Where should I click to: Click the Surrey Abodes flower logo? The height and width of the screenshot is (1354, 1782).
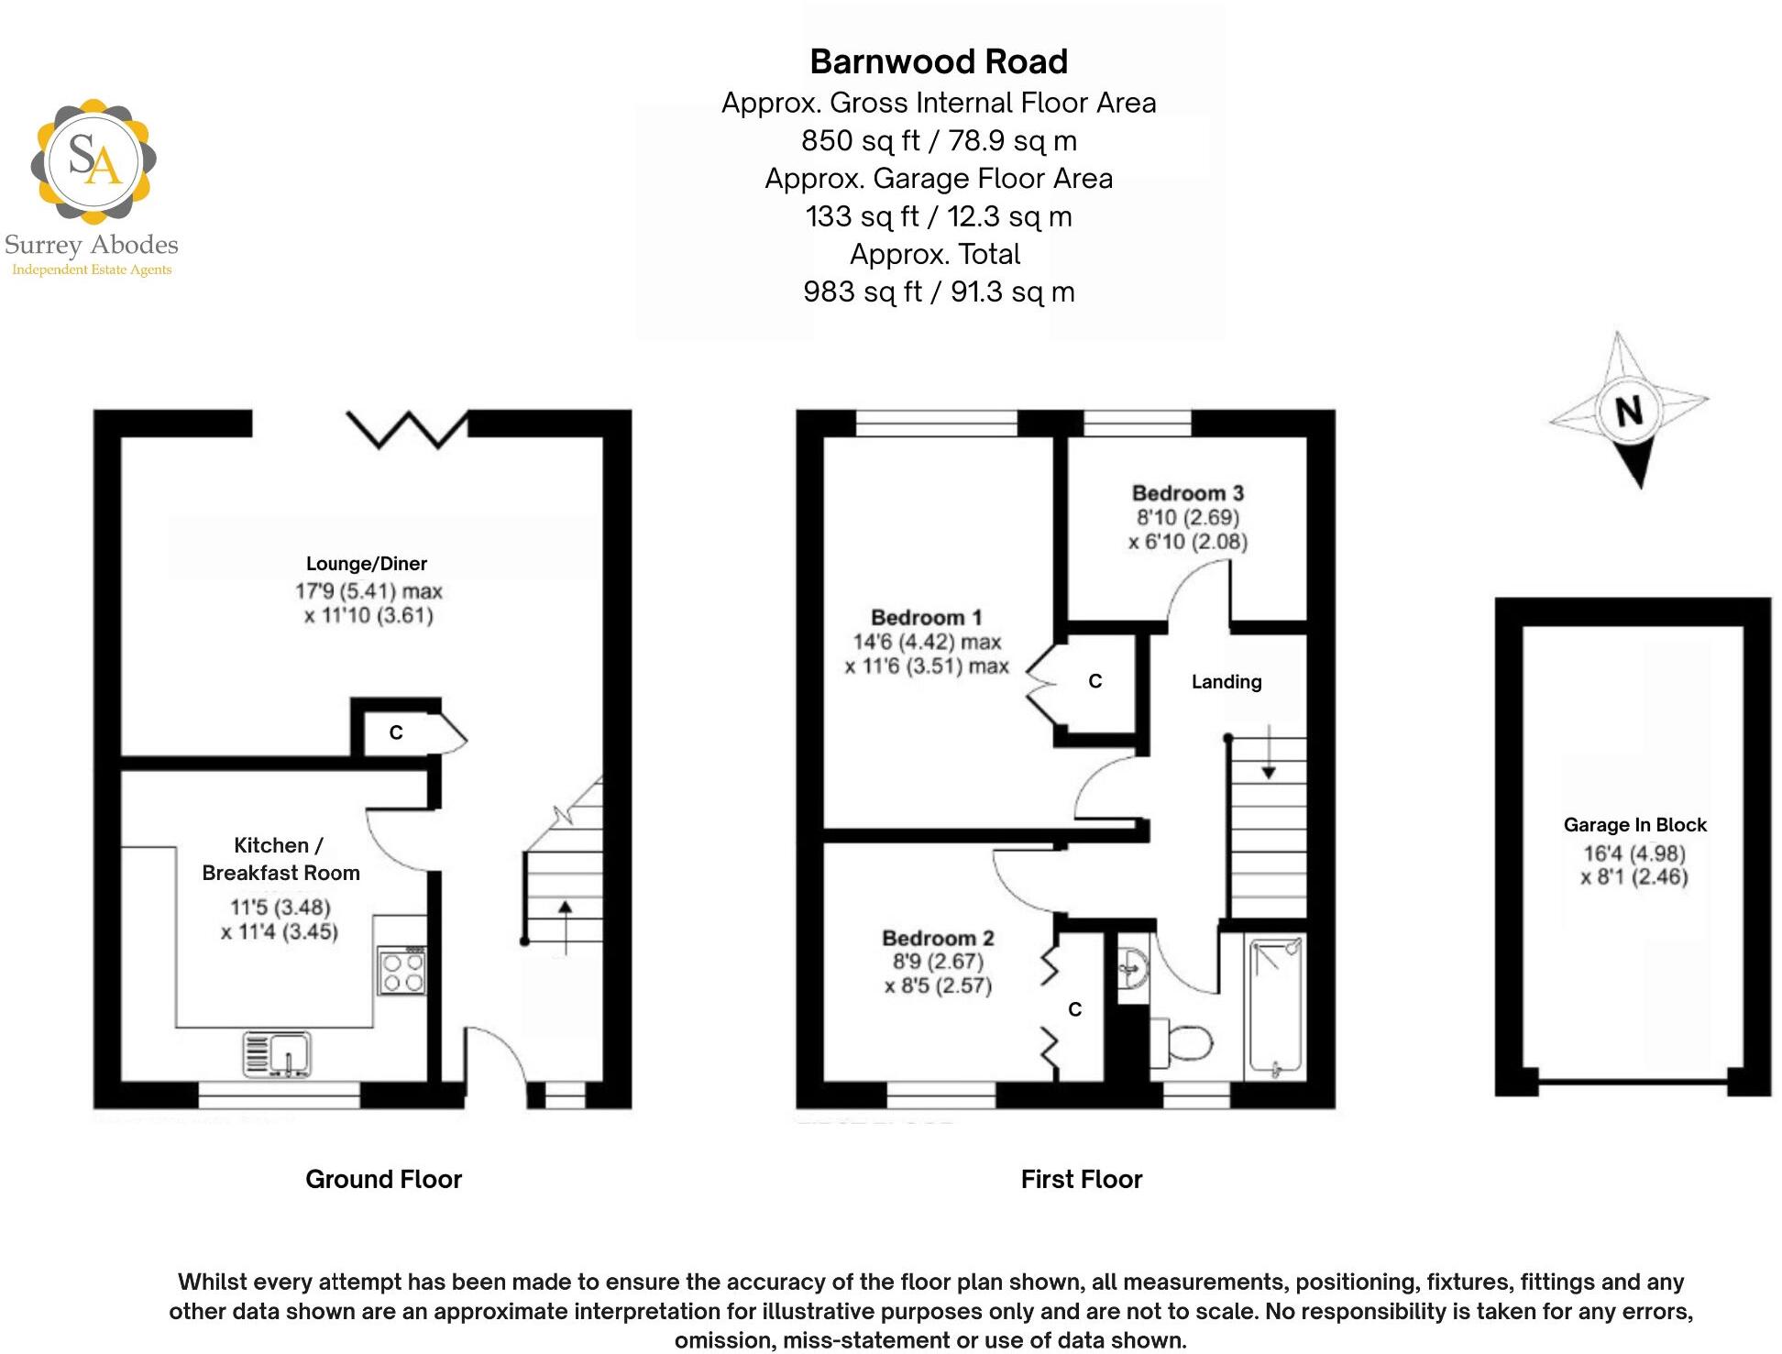coord(93,161)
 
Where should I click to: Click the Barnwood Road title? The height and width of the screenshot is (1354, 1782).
coord(939,61)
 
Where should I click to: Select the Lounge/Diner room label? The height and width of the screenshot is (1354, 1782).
coord(367,564)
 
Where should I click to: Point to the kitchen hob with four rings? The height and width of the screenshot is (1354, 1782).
coord(402,972)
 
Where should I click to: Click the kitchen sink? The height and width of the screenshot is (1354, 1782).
coord(278,1053)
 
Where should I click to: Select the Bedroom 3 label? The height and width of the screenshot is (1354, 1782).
coord(1187,493)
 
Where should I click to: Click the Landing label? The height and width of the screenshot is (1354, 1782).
coord(1226,682)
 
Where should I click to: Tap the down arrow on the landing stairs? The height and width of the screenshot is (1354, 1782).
coord(1269,753)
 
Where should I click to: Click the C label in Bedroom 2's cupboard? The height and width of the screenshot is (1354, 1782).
coord(1075,1009)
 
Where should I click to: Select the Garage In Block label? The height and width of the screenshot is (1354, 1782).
coord(1634,825)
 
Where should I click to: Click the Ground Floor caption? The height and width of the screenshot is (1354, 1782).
coord(383,1179)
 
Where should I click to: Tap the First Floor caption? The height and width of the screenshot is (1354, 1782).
coord(1082,1179)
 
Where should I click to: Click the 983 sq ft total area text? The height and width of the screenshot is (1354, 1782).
coord(939,292)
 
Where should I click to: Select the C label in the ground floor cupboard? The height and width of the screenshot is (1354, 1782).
coord(396,732)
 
